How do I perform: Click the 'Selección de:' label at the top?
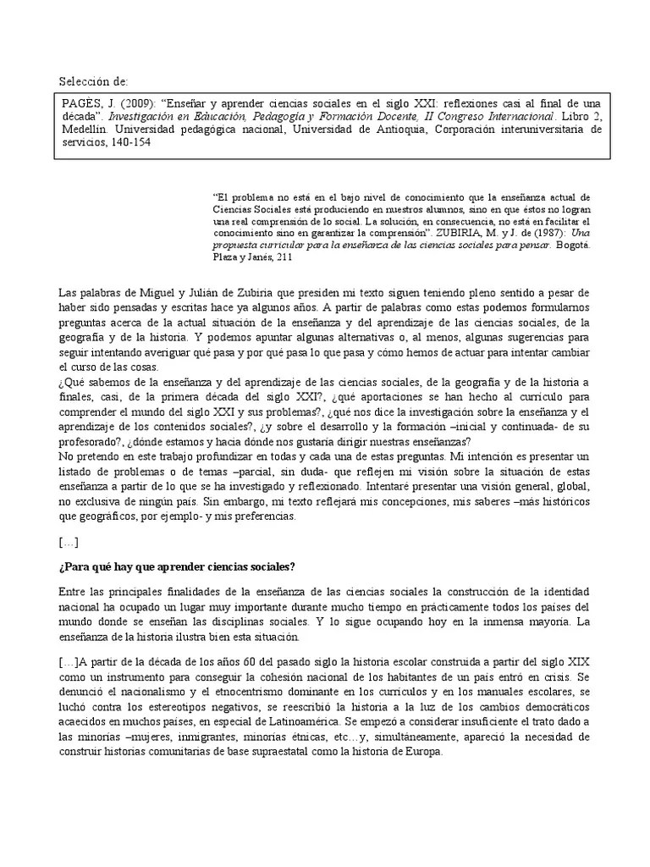pyautogui.click(x=93, y=82)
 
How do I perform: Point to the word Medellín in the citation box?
pyautogui.click(x=85, y=130)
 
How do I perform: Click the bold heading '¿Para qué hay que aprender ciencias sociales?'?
pyautogui.click(x=176, y=566)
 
